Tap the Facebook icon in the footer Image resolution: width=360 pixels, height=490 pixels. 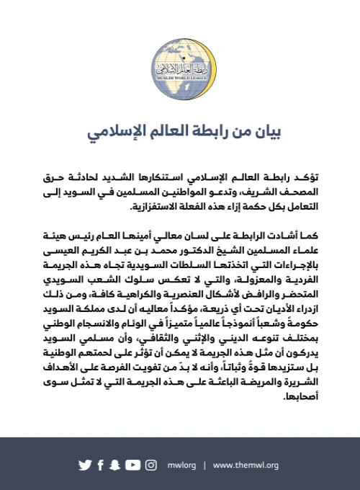pos(100,465)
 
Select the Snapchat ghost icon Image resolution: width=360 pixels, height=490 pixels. pos(114,465)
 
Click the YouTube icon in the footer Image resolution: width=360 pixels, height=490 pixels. pos(132,465)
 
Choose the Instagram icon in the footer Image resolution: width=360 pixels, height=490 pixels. pos(151,465)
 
